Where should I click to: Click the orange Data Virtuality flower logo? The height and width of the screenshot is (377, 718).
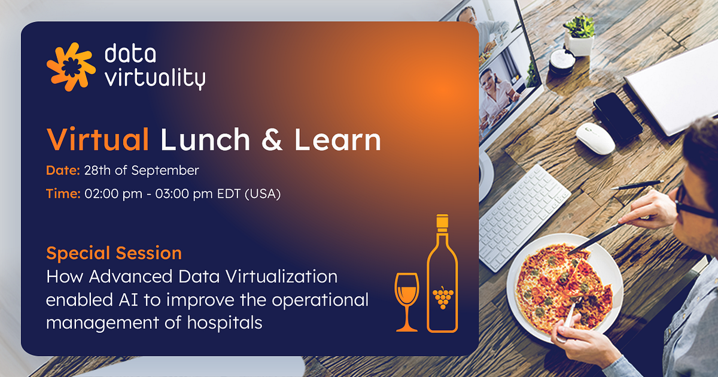71,67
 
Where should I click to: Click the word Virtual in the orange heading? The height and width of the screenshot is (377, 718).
98,140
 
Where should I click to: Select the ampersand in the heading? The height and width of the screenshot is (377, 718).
272,141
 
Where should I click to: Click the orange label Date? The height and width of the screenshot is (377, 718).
63,171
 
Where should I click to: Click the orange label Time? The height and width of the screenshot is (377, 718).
63,194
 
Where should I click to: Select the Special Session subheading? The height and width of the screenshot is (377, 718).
114,253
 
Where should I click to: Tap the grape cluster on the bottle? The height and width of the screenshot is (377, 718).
442,297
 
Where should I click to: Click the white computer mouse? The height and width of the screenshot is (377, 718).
595,138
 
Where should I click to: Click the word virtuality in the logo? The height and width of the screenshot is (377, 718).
154,79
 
